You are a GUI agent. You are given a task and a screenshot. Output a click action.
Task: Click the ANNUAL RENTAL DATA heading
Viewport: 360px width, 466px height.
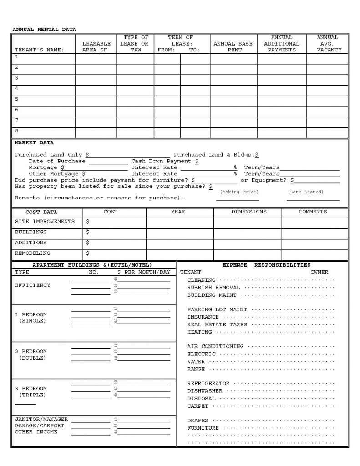pyautogui.click(x=44, y=30)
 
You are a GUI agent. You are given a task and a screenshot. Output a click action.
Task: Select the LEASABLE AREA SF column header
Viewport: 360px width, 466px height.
pyautogui.click(x=96, y=47)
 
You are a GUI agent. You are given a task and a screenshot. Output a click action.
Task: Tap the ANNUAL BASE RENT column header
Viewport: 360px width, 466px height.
pyautogui.click(x=233, y=47)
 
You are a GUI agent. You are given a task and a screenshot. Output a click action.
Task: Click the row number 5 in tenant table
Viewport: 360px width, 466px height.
pyautogui.click(x=17, y=99)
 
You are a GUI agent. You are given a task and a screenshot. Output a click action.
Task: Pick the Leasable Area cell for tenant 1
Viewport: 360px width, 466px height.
pyautogui.click(x=96, y=59)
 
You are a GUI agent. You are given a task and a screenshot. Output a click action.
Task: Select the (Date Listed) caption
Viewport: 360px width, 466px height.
pyautogui.click(x=305, y=192)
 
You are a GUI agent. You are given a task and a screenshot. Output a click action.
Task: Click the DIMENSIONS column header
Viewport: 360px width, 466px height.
pyautogui.click(x=249, y=212)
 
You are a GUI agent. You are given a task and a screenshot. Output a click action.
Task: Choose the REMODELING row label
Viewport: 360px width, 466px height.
pyautogui.click(x=33, y=253)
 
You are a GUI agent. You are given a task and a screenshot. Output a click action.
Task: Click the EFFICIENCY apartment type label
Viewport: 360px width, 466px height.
pyautogui.click(x=33, y=285)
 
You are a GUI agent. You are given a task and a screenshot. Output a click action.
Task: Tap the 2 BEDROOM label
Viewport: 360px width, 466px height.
pyautogui.click(x=31, y=352)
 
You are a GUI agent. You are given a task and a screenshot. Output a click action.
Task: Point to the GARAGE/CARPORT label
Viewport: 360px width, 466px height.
pyautogui.click(x=40, y=425)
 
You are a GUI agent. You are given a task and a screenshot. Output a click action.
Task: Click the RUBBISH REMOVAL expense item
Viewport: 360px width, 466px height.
pyautogui.click(x=213, y=288)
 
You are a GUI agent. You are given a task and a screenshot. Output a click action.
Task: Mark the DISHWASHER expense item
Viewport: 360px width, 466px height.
pyautogui.click(x=205, y=391)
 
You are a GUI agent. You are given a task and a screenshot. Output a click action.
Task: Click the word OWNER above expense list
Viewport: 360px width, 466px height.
pyautogui.click(x=319, y=272)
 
